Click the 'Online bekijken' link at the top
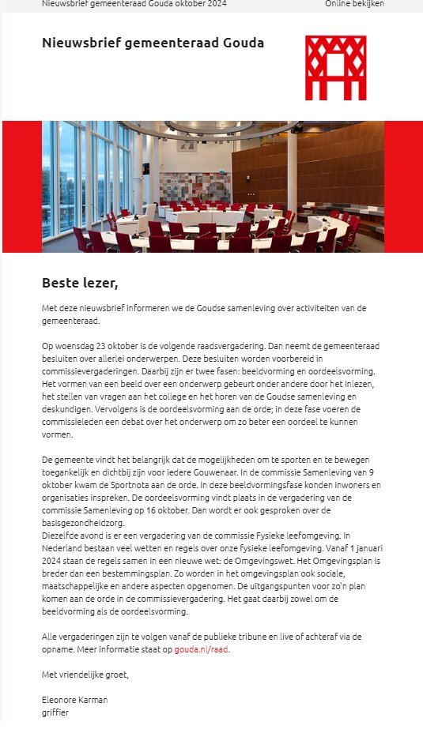354,4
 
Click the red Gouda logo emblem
335,67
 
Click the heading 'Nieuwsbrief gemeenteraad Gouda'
153,43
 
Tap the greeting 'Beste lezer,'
79,282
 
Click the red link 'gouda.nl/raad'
202,649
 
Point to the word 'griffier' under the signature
55,712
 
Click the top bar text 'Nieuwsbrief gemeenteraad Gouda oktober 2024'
134,4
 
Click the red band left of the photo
21,186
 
